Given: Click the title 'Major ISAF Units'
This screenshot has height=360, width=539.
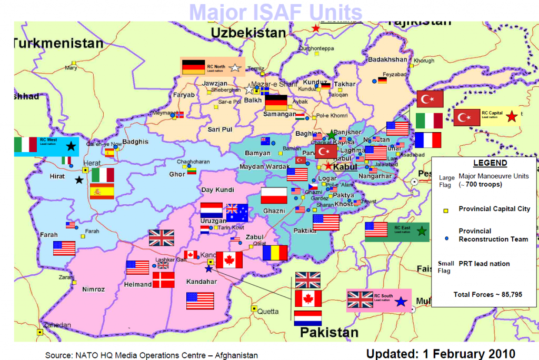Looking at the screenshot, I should pyautogui.click(x=275, y=12).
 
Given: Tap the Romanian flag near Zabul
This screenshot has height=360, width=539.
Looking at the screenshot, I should pyautogui.click(x=275, y=253).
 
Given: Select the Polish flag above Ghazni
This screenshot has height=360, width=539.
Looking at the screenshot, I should pyautogui.click(x=274, y=195).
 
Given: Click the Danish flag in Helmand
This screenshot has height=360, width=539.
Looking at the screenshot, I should pyautogui.click(x=163, y=279).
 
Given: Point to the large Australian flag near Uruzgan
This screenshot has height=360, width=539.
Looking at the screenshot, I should pyautogui.click(x=237, y=212).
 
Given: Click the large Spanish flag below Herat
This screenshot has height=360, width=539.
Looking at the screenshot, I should pyautogui.click(x=102, y=191).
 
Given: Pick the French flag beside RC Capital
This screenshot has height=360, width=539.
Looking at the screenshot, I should pyautogui.click(x=428, y=140).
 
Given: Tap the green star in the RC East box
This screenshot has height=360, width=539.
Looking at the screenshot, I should pyautogui.click(x=421, y=231).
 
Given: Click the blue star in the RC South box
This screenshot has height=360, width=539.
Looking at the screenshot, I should pyautogui.click(x=401, y=302).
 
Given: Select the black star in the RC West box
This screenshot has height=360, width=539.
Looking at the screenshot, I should pyautogui.click(x=71, y=146).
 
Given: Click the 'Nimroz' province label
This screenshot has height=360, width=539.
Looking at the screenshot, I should pyautogui.click(x=94, y=289).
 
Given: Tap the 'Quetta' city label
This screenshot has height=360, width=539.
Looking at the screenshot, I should pyautogui.click(x=268, y=311).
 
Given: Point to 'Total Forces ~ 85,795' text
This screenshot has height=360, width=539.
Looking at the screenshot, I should pyautogui.click(x=487, y=294).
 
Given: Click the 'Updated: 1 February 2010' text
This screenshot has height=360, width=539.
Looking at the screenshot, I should pyautogui.click(x=441, y=353).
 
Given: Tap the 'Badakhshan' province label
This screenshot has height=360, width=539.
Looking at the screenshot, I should pyautogui.click(x=387, y=59).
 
